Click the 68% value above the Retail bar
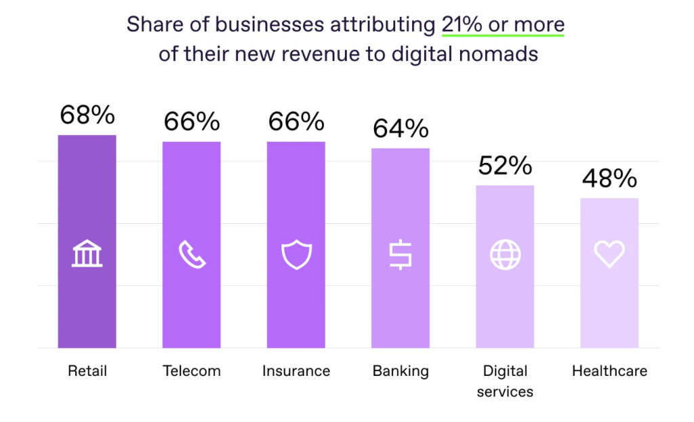point(87,115)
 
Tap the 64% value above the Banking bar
point(401,128)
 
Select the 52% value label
point(505,166)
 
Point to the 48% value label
point(609,178)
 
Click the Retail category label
point(87,371)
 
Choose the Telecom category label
point(192,371)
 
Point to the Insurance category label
point(296,371)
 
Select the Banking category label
point(401,371)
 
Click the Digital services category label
point(505,381)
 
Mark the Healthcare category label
point(609,371)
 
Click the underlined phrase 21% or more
point(503,24)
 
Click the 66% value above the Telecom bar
point(192,122)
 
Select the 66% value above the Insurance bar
point(296,122)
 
